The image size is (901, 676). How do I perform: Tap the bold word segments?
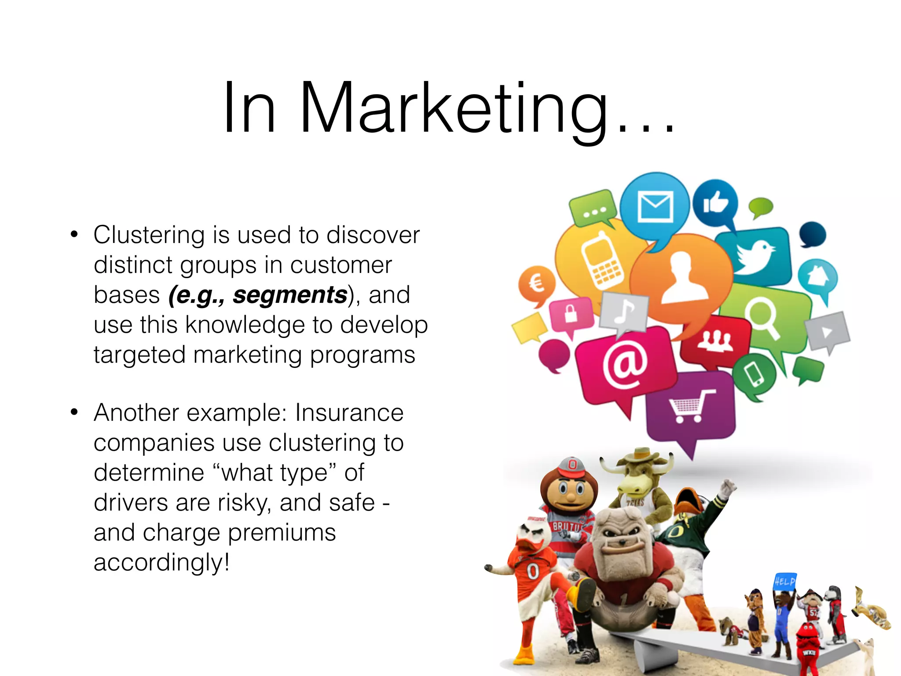click(x=290, y=295)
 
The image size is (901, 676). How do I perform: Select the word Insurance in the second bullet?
click(x=349, y=413)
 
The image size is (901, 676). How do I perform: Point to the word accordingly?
click(x=161, y=562)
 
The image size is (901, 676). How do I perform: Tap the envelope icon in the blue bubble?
click(x=655, y=206)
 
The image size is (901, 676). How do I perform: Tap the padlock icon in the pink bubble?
click(x=571, y=313)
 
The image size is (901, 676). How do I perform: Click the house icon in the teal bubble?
click(x=817, y=276)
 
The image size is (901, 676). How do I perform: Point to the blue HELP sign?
click(x=785, y=581)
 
